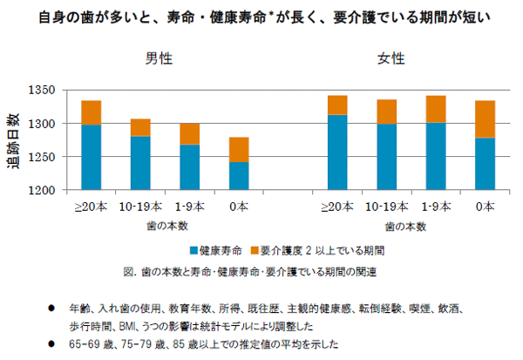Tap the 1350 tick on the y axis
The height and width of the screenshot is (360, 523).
tap(41, 91)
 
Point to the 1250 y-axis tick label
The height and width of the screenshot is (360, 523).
tap(41, 157)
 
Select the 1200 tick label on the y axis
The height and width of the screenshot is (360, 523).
tap(41, 190)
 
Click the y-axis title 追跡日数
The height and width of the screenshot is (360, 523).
tap(16, 139)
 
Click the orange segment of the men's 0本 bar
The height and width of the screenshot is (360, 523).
tap(238, 149)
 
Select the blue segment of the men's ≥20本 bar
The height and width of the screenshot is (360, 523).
tap(91, 157)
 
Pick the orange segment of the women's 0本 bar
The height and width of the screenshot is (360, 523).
tap(485, 119)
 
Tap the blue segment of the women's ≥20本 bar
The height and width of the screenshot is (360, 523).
tap(337, 152)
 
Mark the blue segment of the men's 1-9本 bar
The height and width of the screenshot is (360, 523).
tap(189, 166)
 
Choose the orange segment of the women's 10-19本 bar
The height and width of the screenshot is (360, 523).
tap(386, 112)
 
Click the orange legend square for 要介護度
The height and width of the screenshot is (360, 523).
tap(253, 249)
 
